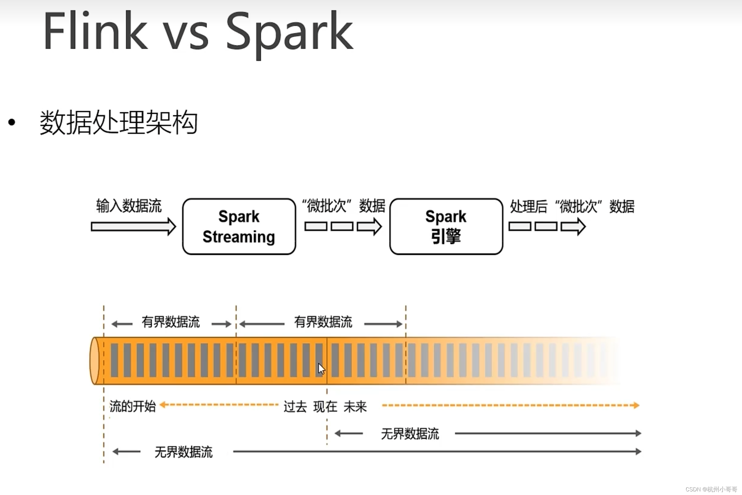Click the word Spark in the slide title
[x=289, y=33]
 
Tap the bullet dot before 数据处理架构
[x=12, y=122]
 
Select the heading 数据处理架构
[x=119, y=122]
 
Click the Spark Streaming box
[x=239, y=226]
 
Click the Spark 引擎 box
[x=446, y=226]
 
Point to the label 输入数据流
[x=129, y=206]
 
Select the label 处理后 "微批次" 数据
[x=572, y=207]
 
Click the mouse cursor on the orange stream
[x=321, y=368]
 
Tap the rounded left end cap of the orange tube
[x=94, y=361]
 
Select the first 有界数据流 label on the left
[x=170, y=322]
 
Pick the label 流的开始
[x=133, y=406]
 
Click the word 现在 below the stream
[x=325, y=407]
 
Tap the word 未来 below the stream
[x=355, y=407]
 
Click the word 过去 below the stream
[x=295, y=407]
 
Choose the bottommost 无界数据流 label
[x=183, y=452]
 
